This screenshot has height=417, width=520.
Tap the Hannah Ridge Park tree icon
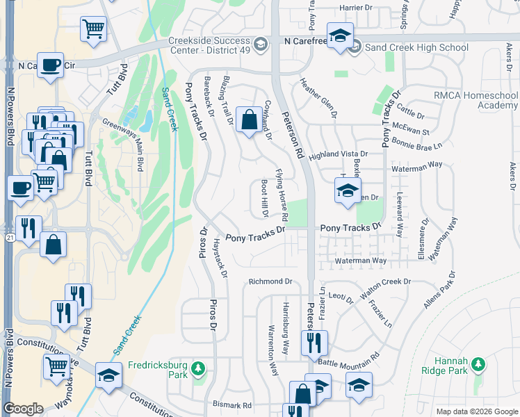pos(478,364)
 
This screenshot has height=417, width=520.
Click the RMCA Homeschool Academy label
pos(476,100)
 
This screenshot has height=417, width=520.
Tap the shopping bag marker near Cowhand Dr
pos(248,120)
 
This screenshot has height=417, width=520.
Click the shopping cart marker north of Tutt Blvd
pos(92,29)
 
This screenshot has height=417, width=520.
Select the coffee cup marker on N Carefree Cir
pos(50,65)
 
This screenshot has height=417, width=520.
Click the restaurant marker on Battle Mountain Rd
pos(314,341)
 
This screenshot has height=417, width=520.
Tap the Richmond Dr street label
pos(270,281)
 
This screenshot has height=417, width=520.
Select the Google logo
pos(23,408)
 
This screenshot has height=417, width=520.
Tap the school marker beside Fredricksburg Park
pos(108,375)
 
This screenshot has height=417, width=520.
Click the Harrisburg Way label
pos(285,320)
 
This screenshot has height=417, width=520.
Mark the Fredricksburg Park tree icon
pos(199,367)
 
